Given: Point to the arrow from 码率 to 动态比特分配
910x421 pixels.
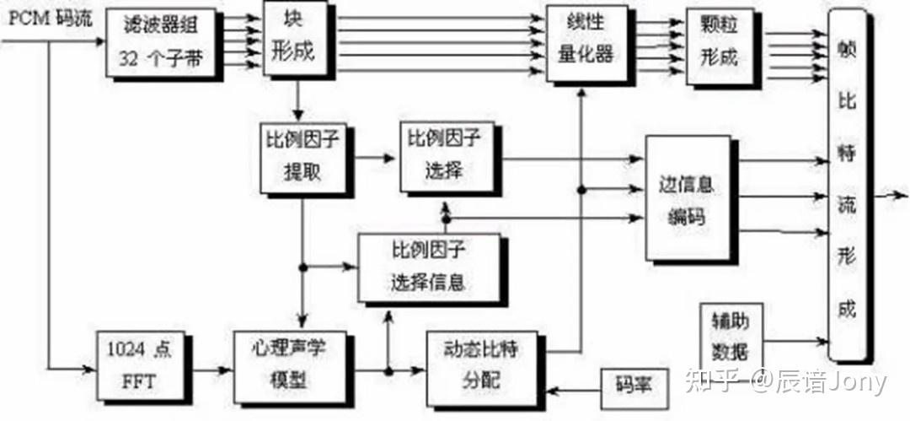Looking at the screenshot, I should tap(572, 389).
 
